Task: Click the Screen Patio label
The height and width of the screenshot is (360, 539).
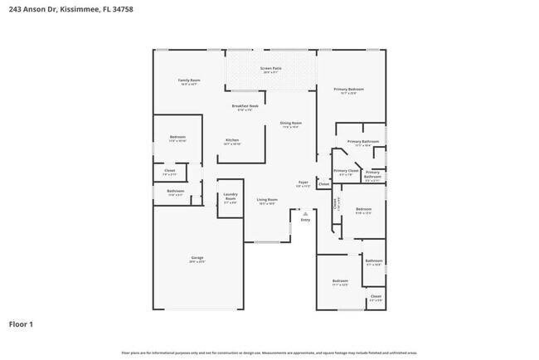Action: [270, 69]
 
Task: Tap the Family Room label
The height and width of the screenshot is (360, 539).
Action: [189, 80]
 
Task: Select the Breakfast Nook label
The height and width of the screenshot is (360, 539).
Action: [242, 106]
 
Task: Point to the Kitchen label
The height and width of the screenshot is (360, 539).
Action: [232, 140]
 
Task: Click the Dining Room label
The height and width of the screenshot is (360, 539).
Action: [291, 123]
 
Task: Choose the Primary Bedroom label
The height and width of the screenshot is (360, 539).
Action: [348, 89]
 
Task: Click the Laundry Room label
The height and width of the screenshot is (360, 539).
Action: [231, 198]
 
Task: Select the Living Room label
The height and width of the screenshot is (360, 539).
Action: [266, 199]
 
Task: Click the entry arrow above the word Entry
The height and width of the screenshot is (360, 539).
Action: [305, 213]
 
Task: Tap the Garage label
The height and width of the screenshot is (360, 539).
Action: [197, 258]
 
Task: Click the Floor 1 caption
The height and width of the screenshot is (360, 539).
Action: [22, 324]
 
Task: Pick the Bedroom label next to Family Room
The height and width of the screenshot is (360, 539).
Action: [177, 137]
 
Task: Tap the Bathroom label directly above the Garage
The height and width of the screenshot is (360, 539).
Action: [175, 191]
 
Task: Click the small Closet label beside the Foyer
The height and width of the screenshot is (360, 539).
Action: [323, 183]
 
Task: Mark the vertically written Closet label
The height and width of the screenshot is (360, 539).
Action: [336, 202]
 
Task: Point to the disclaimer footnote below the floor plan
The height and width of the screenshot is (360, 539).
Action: [269, 352]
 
